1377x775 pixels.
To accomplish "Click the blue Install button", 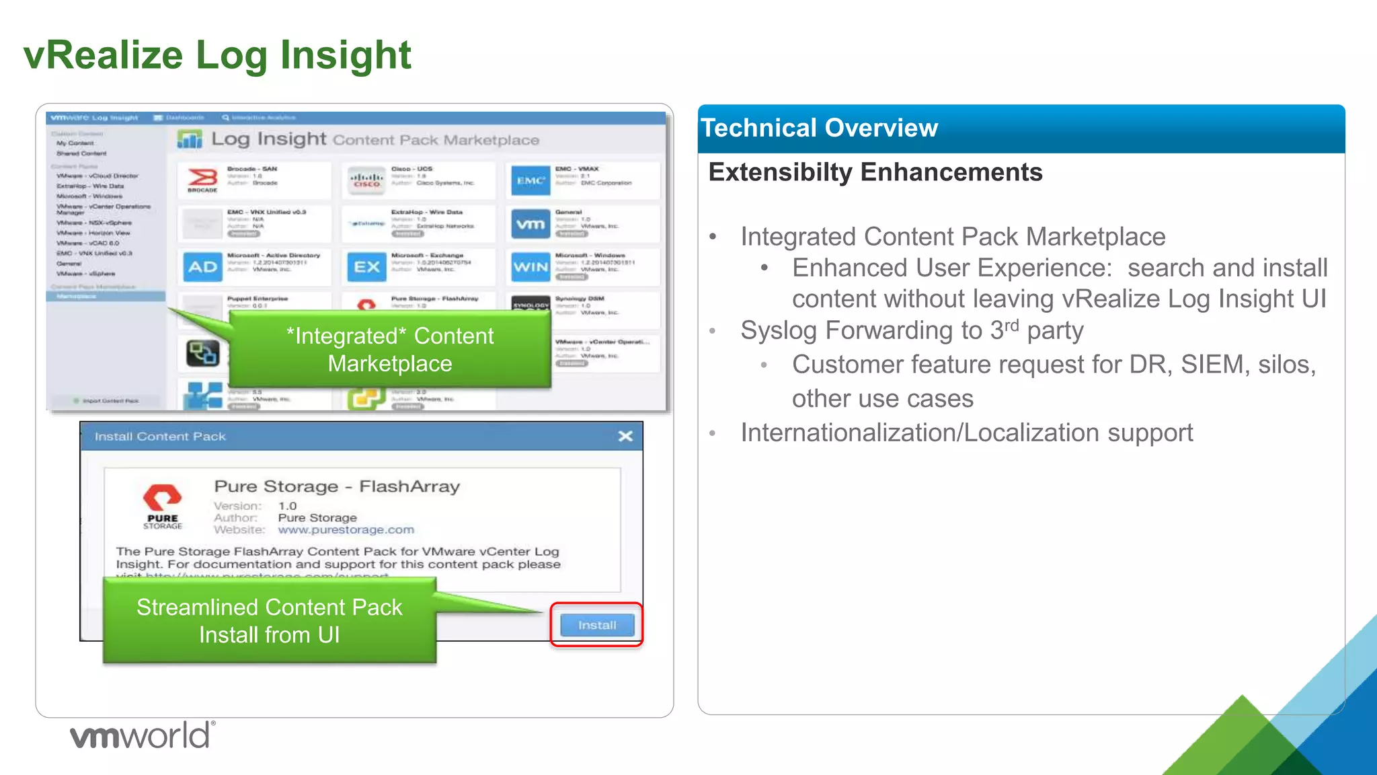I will coord(596,625).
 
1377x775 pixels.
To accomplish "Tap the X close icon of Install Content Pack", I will coord(625,436).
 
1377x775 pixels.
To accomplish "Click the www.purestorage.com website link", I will coord(346,530).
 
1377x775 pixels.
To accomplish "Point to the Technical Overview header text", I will coord(819,128).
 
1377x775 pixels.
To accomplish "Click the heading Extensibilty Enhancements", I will coord(875,172).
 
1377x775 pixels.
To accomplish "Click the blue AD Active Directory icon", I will coord(202,267).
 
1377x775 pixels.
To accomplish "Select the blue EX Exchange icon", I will coord(366,267).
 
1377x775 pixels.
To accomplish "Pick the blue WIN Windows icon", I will coord(530,267).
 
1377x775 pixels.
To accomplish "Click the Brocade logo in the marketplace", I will coord(202,180).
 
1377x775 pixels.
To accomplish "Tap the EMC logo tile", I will coord(530,180).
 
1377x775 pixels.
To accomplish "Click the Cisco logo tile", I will coord(366,180).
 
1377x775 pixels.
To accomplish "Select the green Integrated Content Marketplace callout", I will coord(390,350).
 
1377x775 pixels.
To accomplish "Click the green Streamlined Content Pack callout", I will coord(269,621).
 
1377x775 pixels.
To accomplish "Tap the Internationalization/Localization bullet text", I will coord(966,433).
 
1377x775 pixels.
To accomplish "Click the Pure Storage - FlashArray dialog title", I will coord(337,486).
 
